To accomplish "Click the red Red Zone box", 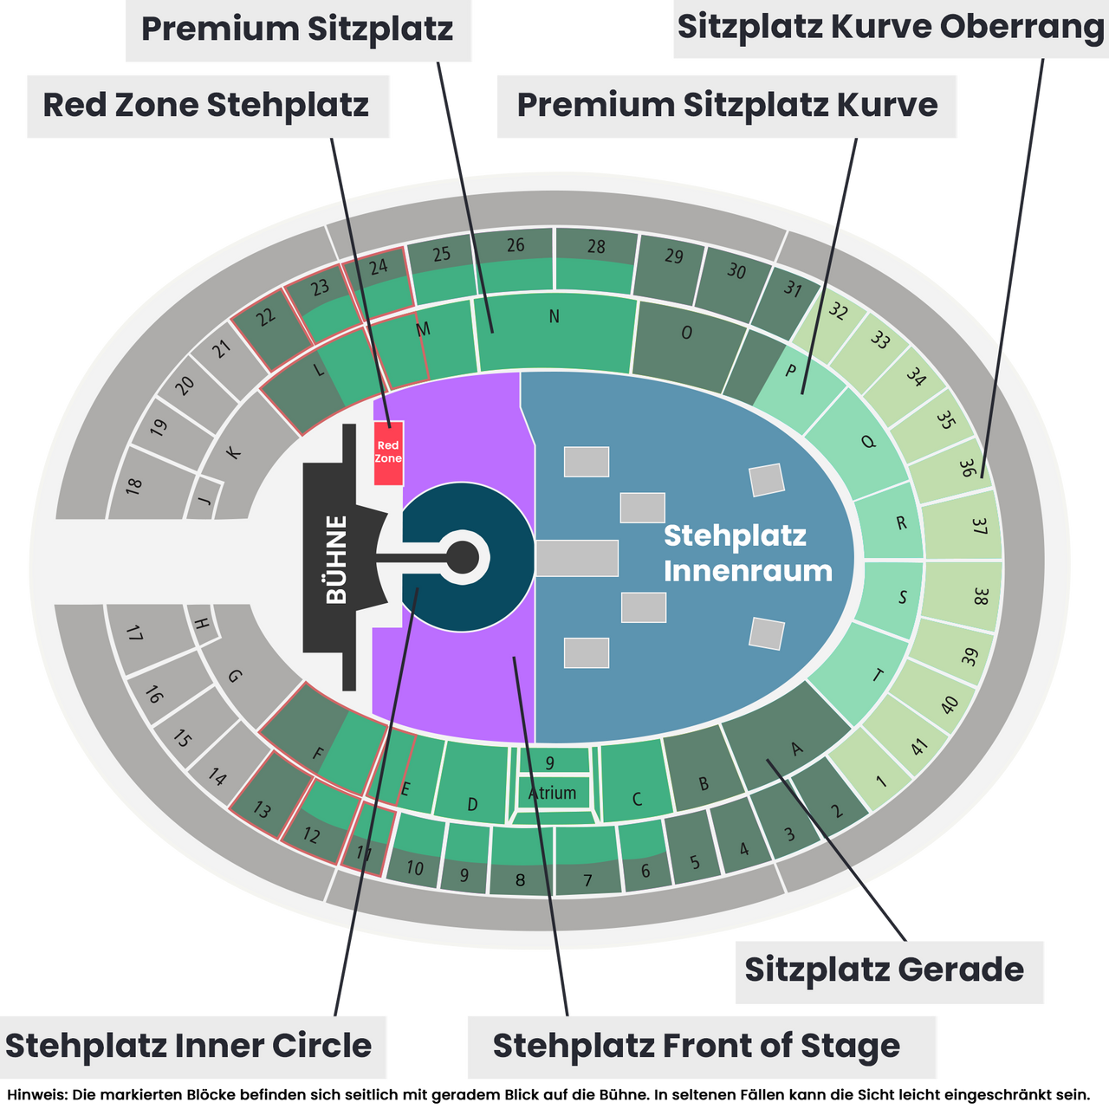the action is click(388, 452).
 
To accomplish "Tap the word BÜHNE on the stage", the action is click(337, 560).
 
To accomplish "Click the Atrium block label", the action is click(553, 793).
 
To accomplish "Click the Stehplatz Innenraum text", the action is click(749, 553).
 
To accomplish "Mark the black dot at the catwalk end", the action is click(463, 557).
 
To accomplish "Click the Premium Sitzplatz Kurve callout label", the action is click(727, 106).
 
